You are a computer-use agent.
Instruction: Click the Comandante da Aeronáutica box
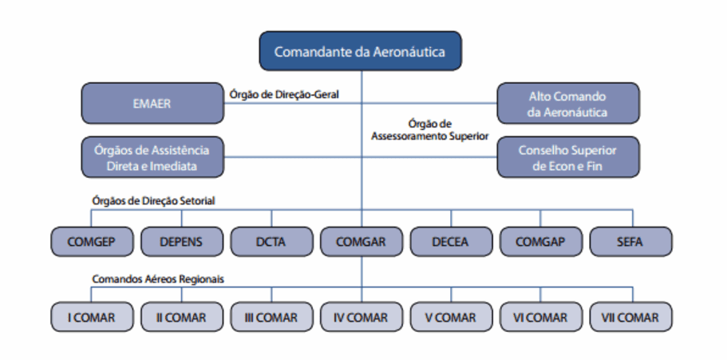[360, 52]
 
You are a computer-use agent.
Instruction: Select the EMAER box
[152, 103]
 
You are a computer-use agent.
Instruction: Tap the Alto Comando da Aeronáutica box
[567, 103]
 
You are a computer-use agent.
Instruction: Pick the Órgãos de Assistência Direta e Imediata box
[152, 157]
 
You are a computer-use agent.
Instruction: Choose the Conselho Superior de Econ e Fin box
[567, 157]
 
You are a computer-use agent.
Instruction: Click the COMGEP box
[90, 241]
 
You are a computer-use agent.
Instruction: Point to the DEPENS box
[180, 241]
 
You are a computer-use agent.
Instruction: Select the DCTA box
[271, 241]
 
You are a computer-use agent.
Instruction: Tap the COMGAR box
[361, 241]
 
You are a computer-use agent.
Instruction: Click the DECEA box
[451, 241]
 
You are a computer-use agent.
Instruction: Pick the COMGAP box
[541, 241]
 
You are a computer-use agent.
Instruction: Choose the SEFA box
[631, 241]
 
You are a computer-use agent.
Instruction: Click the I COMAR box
[90, 317]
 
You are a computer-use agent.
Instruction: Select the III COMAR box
[271, 317]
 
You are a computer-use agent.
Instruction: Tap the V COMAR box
[451, 317]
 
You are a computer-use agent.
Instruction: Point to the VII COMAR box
[631, 317]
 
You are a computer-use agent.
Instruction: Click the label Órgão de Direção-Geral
[284, 94]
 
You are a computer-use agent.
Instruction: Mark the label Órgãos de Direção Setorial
[153, 201]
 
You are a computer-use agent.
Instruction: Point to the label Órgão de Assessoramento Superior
[429, 130]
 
